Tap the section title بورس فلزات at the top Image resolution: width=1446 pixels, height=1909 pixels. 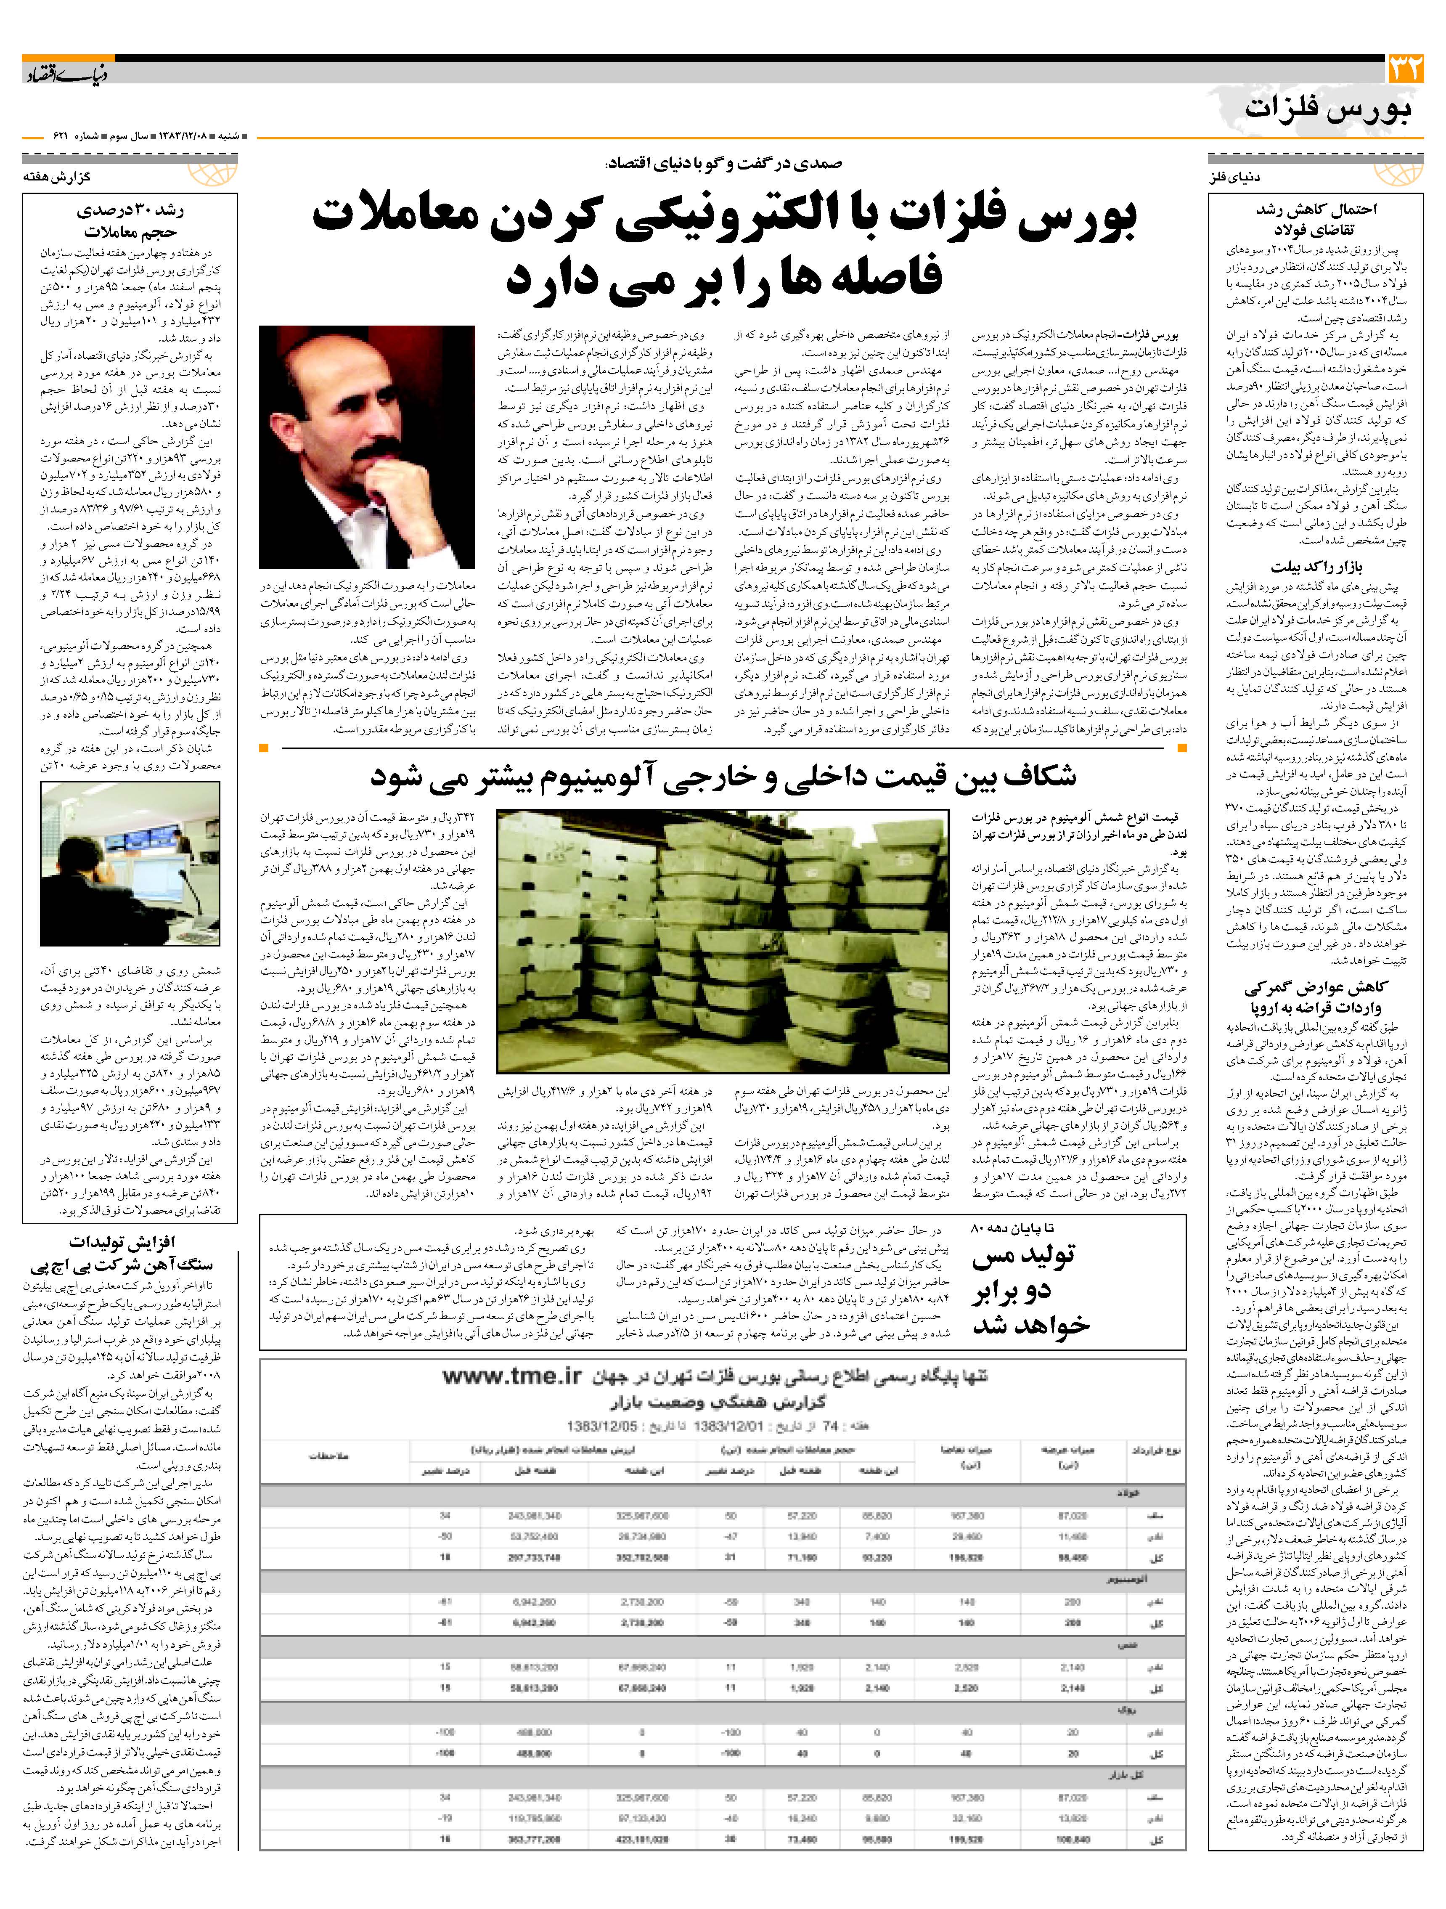tap(1329, 110)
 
